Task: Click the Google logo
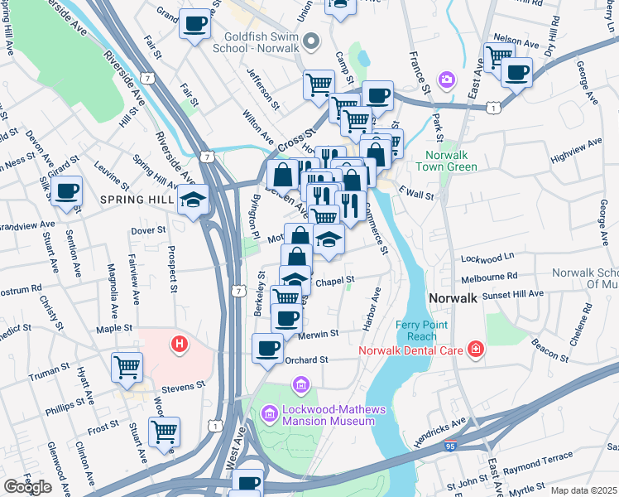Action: pyautogui.click(x=27, y=487)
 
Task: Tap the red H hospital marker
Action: pyautogui.click(x=175, y=342)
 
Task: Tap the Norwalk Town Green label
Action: pyautogui.click(x=451, y=162)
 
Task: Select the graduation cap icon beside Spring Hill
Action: pyautogui.click(x=194, y=200)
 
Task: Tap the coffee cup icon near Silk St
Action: pyautogui.click(x=66, y=191)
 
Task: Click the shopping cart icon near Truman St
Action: pyautogui.click(x=127, y=365)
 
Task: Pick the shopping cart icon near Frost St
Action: pyautogui.click(x=165, y=431)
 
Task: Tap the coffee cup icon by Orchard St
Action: pyautogui.click(x=267, y=348)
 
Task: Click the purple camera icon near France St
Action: pyautogui.click(x=447, y=80)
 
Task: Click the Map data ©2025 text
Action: pyautogui.click(x=584, y=490)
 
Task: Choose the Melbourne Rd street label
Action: pyautogui.click(x=489, y=276)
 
